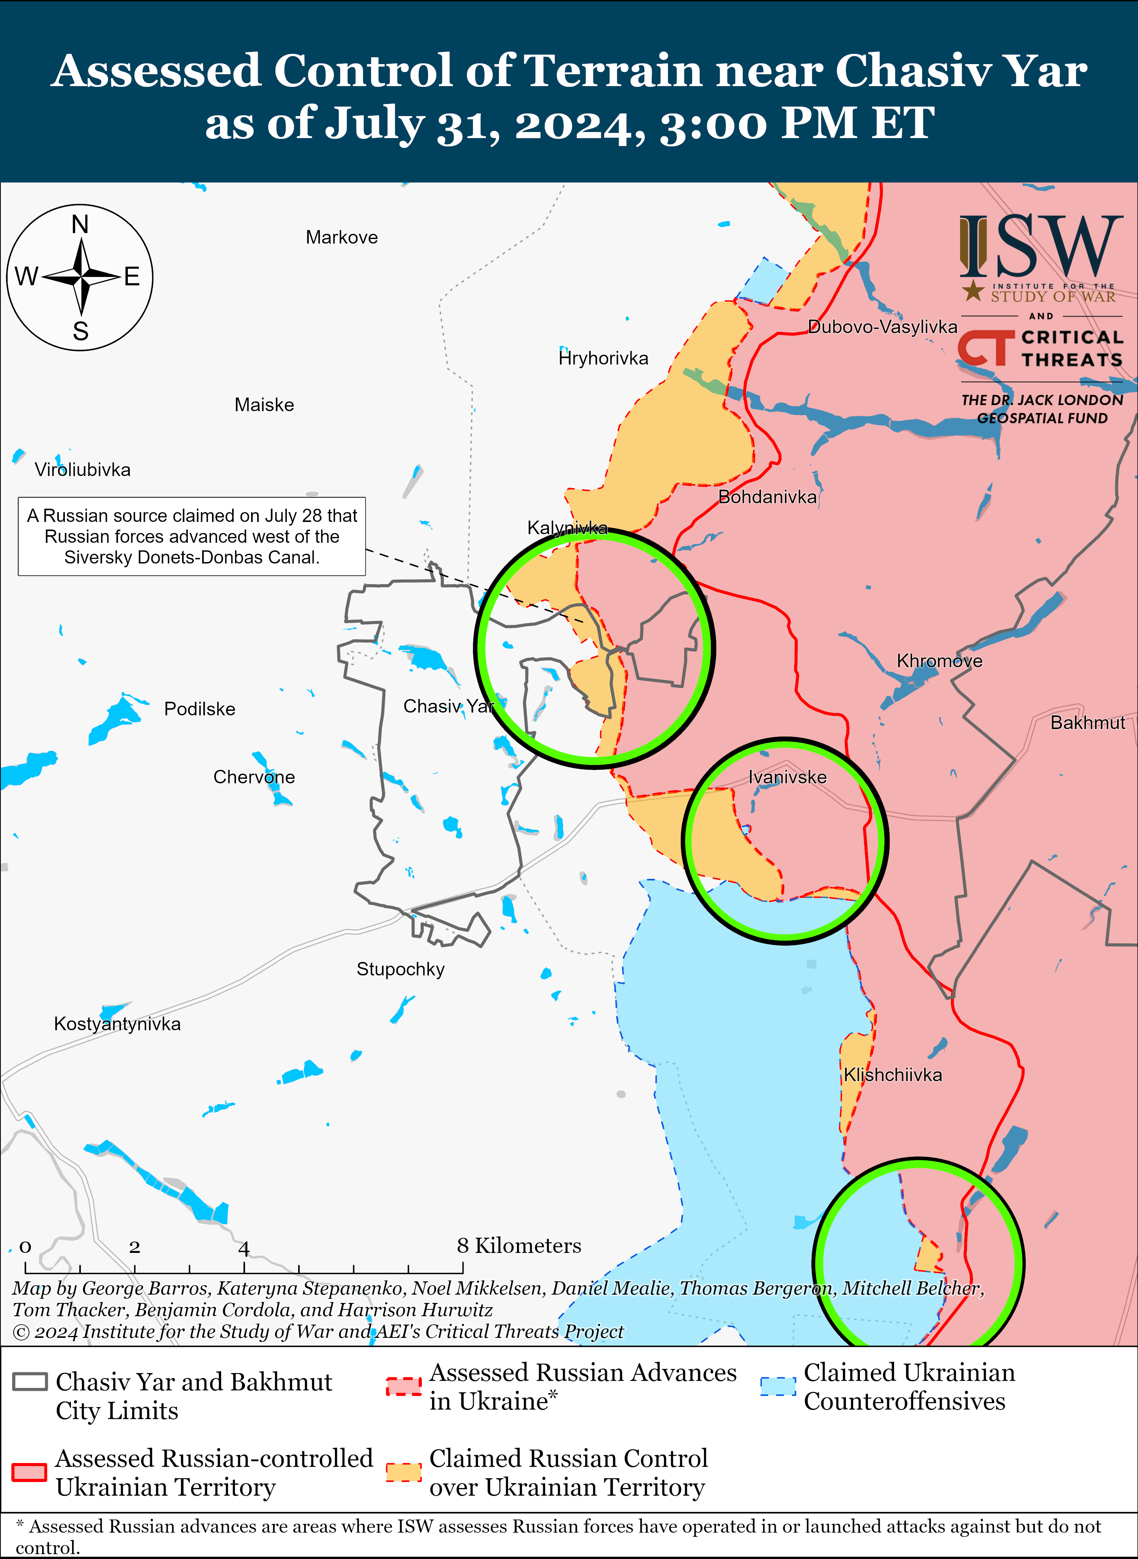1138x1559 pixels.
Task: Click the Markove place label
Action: pos(342,238)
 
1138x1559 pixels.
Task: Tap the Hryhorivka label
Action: pos(604,358)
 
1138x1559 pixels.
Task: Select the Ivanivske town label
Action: pos(787,777)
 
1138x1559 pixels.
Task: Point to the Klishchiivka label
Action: pos(893,1075)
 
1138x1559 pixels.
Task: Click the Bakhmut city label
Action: pos(1087,723)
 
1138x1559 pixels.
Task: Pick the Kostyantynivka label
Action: pos(117,1024)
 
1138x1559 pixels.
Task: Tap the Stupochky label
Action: pos(400,969)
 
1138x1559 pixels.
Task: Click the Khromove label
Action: pos(939,662)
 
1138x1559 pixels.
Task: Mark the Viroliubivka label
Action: pos(83,470)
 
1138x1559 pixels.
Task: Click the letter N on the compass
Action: pos(80,225)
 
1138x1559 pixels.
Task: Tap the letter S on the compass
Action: pos(80,332)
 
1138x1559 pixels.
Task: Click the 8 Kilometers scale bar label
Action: pos(519,1246)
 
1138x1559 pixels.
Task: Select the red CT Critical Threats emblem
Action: pos(986,348)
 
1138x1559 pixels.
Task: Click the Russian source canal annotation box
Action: pos(192,537)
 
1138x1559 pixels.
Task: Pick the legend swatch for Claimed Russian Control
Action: pos(404,1472)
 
